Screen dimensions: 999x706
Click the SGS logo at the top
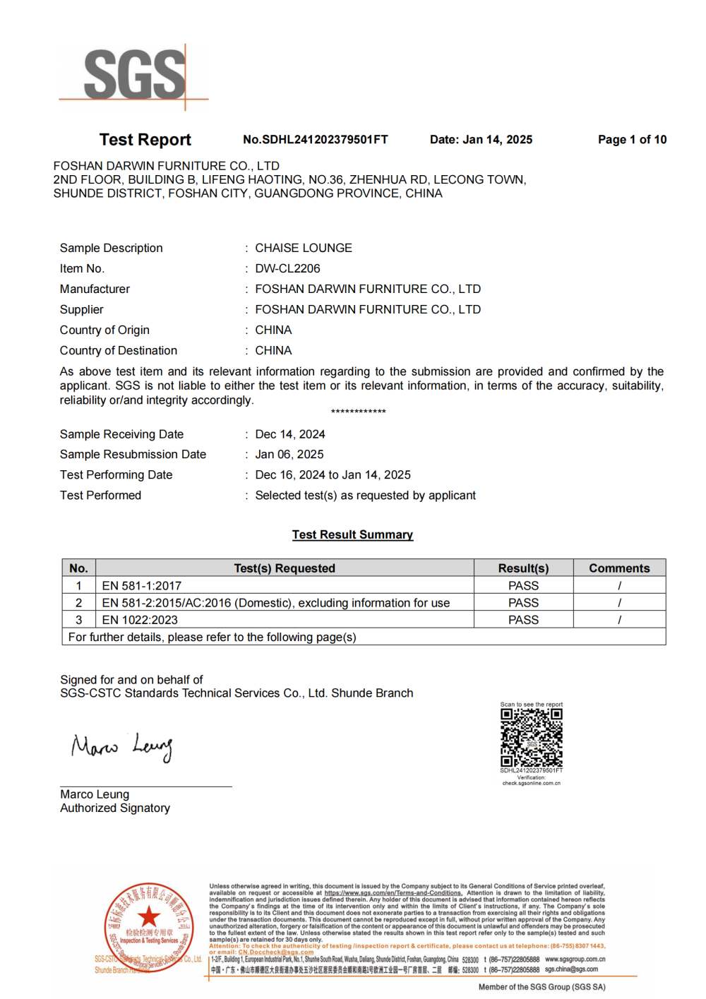[x=134, y=75]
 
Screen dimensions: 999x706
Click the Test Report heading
[x=145, y=140]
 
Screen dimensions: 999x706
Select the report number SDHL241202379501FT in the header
[x=316, y=140]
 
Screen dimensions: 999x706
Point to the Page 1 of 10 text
[x=632, y=140]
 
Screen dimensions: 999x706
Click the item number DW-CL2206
[x=287, y=268]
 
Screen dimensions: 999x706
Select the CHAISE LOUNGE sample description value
[x=304, y=248]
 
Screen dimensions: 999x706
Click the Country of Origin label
[x=104, y=330]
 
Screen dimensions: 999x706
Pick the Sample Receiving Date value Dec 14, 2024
[x=290, y=434]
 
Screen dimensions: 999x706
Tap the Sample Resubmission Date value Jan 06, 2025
[x=289, y=455]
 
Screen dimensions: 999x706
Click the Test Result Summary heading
[x=352, y=534]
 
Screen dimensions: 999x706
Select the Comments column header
[x=619, y=568]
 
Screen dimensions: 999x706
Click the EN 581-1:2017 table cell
[x=142, y=586]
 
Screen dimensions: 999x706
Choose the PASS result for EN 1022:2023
[x=523, y=620]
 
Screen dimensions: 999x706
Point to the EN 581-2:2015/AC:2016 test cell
[x=275, y=603]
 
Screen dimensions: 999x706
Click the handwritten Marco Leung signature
[x=121, y=747]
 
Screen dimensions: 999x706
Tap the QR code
[x=532, y=738]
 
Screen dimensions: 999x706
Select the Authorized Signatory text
[x=115, y=808]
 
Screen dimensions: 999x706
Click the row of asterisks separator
[x=358, y=412]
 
